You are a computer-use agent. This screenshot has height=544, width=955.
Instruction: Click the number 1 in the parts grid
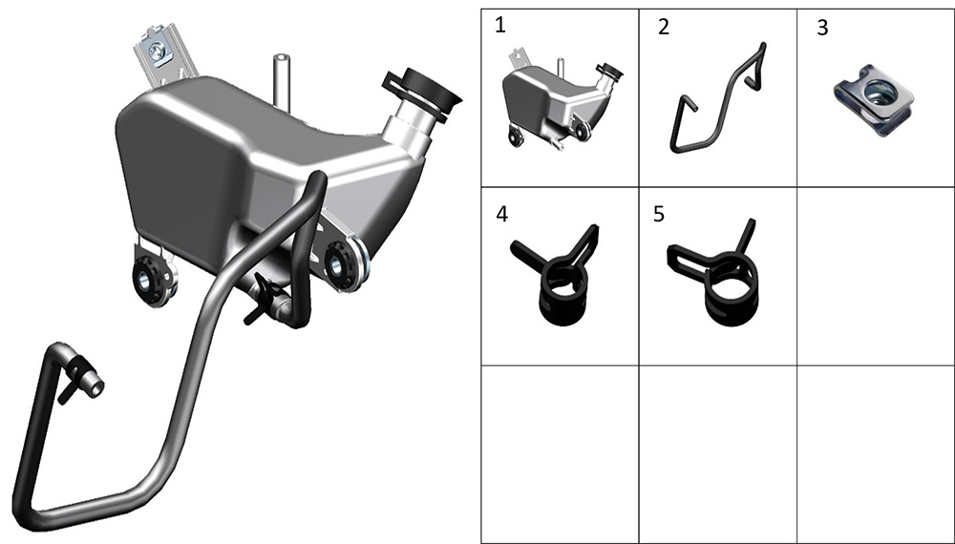(x=500, y=26)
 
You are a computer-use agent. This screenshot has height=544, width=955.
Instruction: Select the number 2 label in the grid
(x=664, y=27)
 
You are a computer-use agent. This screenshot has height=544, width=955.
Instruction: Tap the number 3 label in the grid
(x=822, y=28)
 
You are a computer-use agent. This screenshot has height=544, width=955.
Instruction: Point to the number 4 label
(x=502, y=214)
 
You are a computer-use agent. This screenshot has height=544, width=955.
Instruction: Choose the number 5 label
(x=658, y=214)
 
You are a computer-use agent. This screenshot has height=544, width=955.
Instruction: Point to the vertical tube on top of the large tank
(x=281, y=80)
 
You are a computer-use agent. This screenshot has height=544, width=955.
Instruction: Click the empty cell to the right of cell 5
(x=875, y=276)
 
